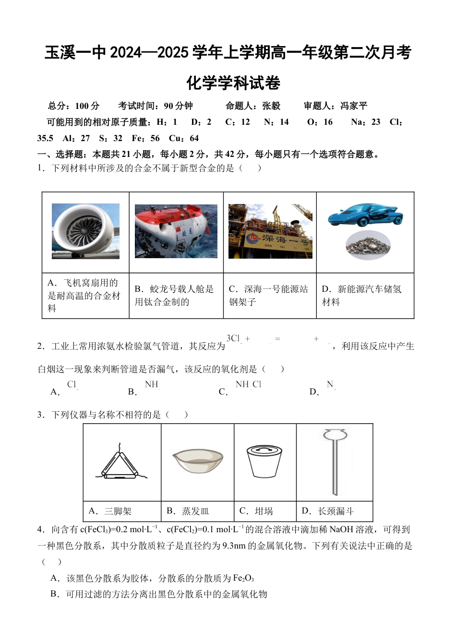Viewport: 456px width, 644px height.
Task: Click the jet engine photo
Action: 85,231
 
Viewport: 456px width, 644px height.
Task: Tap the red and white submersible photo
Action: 176,231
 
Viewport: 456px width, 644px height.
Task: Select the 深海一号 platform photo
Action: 270,231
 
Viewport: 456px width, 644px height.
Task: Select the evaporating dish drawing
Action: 198,461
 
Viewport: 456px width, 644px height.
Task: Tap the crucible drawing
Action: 264,461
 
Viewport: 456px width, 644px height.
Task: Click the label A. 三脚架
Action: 110,512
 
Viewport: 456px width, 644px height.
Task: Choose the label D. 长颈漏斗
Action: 327,512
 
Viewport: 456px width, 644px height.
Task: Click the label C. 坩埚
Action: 256,512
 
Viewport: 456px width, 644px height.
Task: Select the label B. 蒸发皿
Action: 188,512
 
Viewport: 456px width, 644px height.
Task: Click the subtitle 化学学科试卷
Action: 233,83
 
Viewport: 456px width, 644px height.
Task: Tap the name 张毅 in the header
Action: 271,106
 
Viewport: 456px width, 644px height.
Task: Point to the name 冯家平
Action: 354,106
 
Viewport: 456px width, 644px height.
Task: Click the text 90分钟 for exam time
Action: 178,106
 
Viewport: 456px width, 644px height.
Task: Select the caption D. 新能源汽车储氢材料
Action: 361,296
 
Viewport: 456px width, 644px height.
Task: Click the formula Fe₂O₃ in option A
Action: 243,578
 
